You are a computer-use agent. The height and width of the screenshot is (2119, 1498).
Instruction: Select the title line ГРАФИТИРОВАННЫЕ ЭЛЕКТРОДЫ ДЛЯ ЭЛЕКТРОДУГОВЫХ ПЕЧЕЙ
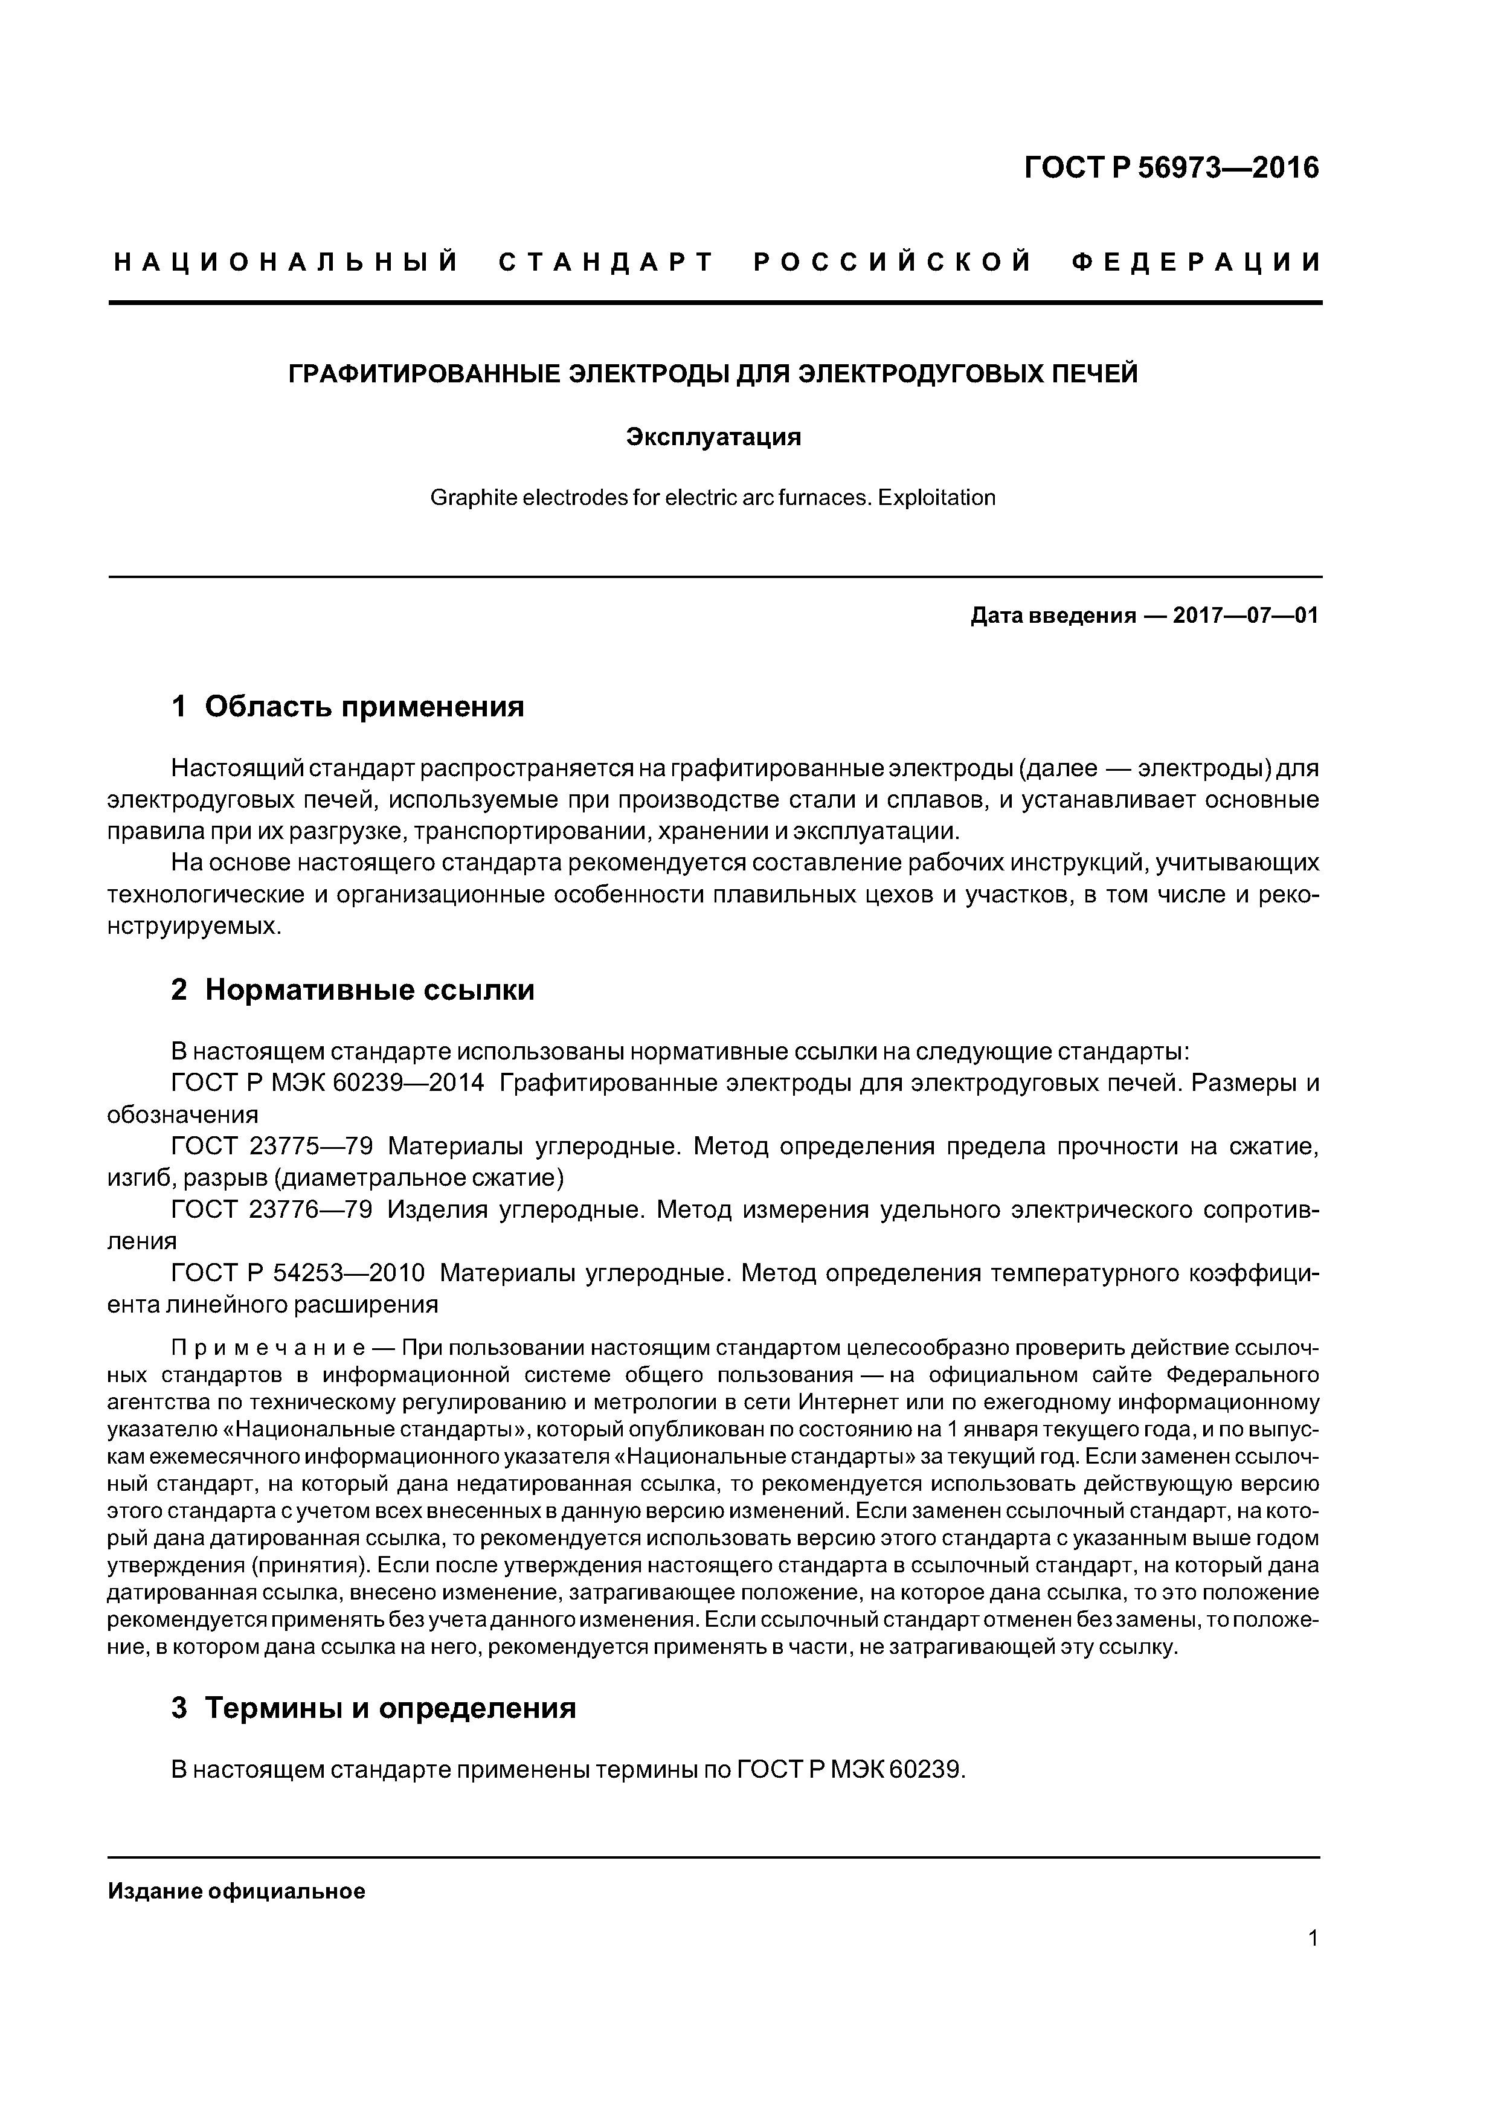[713, 374]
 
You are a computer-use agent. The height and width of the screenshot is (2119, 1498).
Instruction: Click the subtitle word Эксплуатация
[713, 437]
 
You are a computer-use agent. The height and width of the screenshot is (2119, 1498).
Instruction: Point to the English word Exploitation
[937, 498]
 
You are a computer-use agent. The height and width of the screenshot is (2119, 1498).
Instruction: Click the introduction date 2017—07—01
[1246, 616]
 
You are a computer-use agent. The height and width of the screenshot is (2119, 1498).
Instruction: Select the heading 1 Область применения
[348, 707]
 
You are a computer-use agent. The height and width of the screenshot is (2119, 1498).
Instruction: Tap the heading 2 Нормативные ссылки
[353, 990]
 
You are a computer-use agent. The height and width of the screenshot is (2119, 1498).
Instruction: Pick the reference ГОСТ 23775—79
[272, 1146]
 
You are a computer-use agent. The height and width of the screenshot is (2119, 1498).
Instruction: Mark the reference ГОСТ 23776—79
[272, 1209]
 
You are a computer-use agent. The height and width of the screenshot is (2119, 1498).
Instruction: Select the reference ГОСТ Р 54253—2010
[298, 1273]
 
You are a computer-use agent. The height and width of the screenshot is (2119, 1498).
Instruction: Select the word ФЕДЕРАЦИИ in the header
[1197, 263]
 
